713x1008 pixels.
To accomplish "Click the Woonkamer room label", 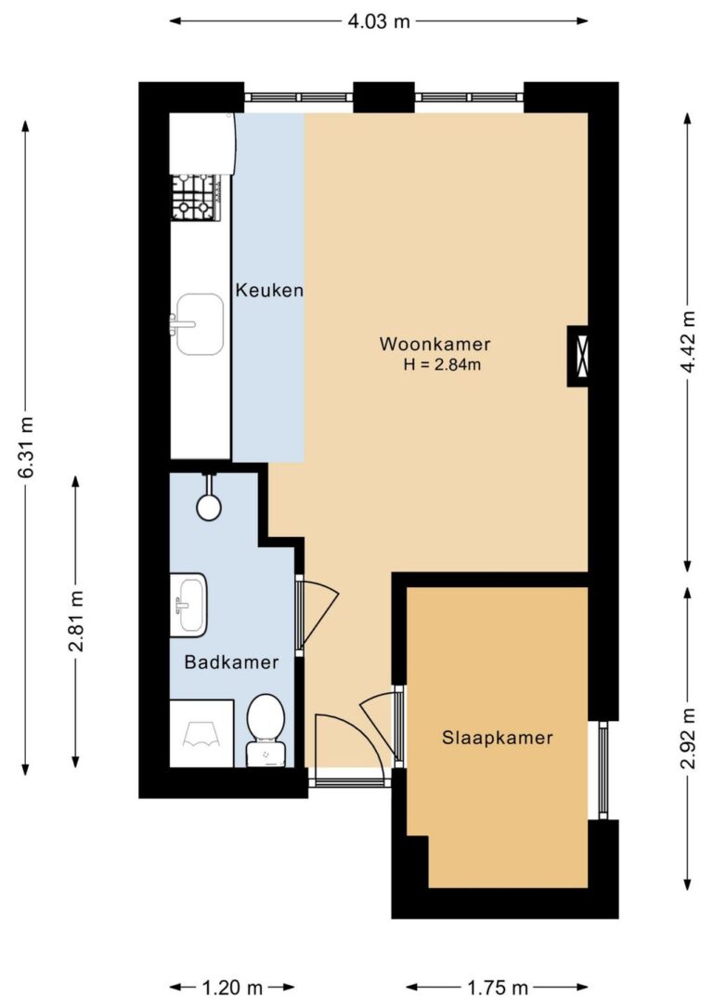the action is pos(434,344).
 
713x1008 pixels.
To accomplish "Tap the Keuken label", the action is pos(269,290).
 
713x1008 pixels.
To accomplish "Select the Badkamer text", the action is pos(231,662).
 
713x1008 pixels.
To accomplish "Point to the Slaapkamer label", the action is pos(498,738).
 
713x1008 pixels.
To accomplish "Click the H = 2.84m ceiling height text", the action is pos(442,365).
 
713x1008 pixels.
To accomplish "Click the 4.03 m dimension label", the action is pos(379,21).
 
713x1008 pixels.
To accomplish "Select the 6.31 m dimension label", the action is pos(26,447).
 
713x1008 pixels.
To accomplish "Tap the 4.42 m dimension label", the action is pos(688,342).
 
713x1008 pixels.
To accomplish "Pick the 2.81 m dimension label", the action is pos(76,621).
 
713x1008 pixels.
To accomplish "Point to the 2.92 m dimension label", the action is pos(688,738).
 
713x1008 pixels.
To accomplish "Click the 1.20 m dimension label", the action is pos(232,987).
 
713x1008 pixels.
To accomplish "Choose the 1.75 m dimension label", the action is pos(497,987).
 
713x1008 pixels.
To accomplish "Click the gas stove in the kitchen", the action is pos(196,197).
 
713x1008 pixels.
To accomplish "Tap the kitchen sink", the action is pos(199,324).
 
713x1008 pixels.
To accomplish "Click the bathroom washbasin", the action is pos(188,605).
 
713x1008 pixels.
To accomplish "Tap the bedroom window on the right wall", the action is pos(603,769).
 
